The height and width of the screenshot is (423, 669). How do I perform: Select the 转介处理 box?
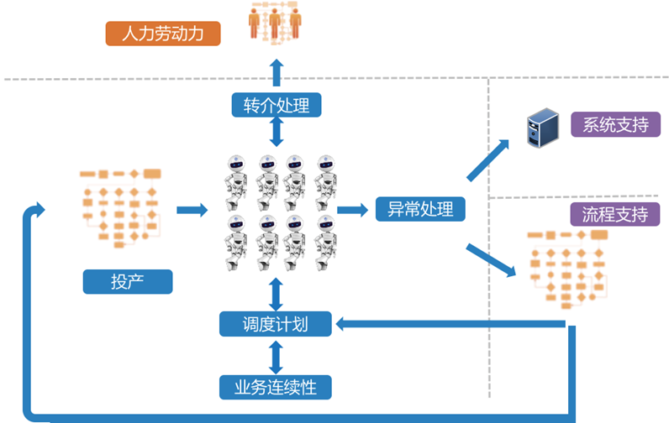277,105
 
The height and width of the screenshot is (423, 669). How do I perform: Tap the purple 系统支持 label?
615,125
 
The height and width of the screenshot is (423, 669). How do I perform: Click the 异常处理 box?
420,208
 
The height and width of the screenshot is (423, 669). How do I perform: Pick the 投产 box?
127,281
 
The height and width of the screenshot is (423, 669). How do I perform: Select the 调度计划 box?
276,324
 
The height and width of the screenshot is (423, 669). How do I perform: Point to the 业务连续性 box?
276,387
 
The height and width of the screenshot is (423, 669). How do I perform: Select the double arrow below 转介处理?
277,133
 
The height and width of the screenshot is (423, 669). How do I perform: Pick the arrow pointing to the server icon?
487,159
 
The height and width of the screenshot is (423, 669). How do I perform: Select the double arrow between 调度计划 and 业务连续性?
276,356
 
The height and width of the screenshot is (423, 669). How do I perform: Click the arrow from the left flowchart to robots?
192,209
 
